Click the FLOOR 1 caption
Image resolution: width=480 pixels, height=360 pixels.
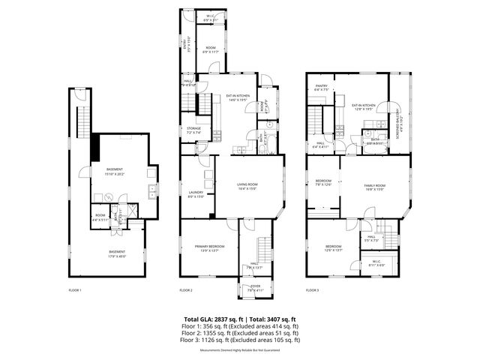pyautogui.click(x=75, y=289)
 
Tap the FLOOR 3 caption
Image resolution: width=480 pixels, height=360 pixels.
pyautogui.click(x=313, y=289)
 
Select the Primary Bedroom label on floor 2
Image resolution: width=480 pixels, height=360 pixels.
pyautogui.click(x=199, y=248)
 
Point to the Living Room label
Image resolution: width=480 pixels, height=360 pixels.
pyautogui.click(x=247, y=186)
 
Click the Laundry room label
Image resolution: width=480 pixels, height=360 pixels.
pyautogui.click(x=196, y=194)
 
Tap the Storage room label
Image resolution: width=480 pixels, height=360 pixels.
pyautogui.click(x=194, y=130)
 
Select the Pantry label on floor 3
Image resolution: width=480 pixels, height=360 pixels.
pyautogui.click(x=322, y=88)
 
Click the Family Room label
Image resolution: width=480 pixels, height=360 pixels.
pyautogui.click(x=374, y=187)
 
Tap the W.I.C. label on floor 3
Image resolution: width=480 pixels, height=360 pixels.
pyautogui.click(x=377, y=263)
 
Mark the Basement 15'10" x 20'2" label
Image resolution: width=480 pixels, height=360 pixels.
pyautogui.click(x=115, y=172)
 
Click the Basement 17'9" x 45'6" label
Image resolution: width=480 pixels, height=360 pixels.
pyautogui.click(x=117, y=253)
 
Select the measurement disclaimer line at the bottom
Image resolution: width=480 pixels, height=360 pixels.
pyautogui.click(x=240, y=349)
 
